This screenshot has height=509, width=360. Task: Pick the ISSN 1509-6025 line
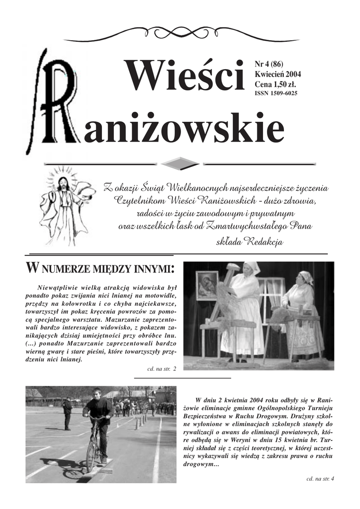(275, 93)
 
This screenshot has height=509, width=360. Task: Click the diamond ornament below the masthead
(180, 163)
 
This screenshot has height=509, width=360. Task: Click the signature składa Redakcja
(250, 242)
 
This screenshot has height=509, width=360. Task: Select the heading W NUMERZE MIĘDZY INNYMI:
(99, 269)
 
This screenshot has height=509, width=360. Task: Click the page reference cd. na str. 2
(162, 369)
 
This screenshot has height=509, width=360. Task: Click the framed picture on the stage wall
(206, 285)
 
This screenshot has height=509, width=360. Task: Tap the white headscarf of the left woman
(252, 267)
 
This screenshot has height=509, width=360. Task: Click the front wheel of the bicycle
(91, 456)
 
